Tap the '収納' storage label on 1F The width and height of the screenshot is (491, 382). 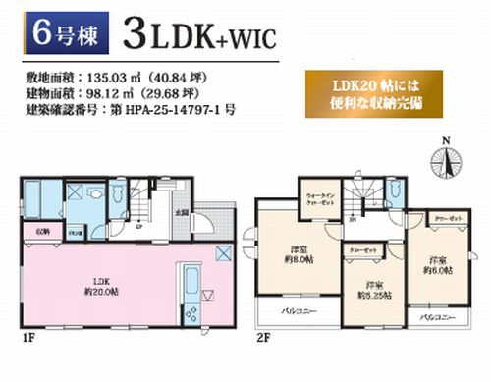point(44,232)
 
